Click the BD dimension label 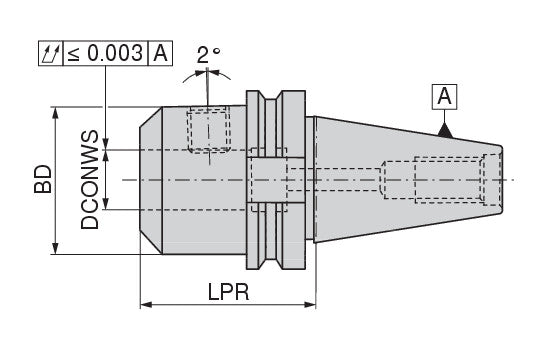pos(43,179)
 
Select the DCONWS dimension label pos(89,180)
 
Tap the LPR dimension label pos(228,292)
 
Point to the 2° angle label pos(208,55)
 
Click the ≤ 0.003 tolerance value pos(105,53)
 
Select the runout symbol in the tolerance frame pos(50,53)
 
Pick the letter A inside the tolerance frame pos(161,53)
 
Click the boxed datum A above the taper pos(444,97)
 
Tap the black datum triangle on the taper pos(445,130)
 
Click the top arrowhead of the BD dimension pos(55,113)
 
